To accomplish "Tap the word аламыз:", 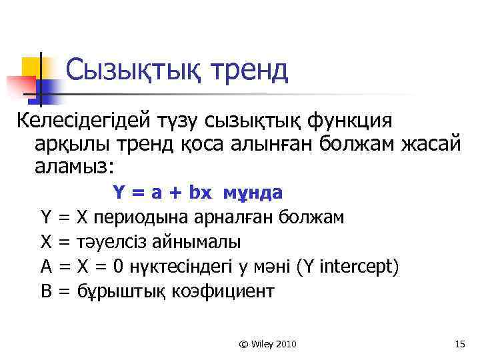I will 74,166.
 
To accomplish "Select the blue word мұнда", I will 252,193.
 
